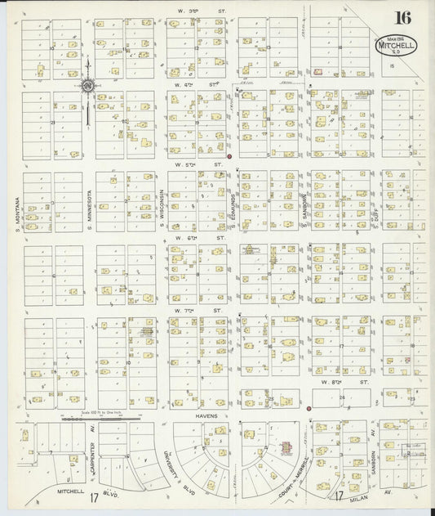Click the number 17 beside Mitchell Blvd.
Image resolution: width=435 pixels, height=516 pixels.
[x=95, y=496]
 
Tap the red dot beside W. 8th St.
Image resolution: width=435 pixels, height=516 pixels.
[x=309, y=407]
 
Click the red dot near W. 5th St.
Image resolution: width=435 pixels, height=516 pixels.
[x=229, y=156]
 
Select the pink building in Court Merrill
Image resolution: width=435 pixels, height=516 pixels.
[x=286, y=449]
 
